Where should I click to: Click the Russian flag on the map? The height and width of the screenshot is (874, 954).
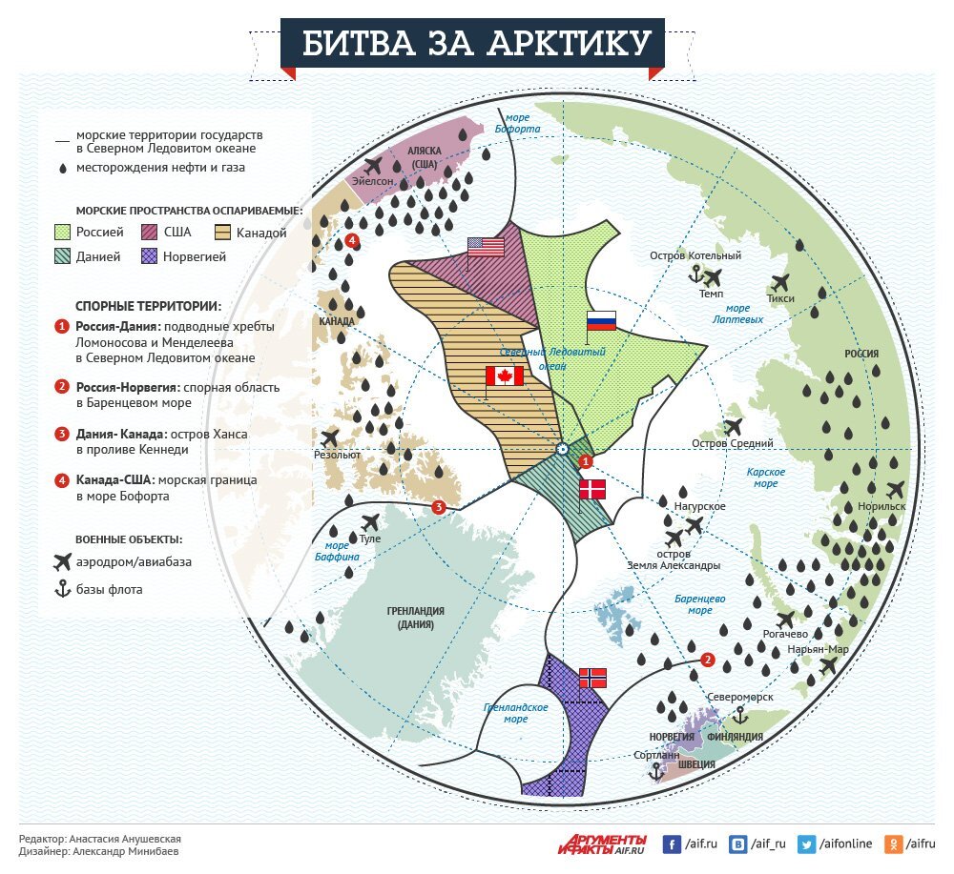[601, 321]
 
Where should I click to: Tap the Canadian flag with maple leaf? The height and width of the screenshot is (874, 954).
[505, 376]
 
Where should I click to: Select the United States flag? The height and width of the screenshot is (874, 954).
[486, 247]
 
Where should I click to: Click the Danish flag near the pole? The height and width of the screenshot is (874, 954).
[592, 490]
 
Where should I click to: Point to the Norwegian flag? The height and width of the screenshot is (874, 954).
[592, 678]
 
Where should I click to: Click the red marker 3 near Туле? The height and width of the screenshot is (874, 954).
[438, 507]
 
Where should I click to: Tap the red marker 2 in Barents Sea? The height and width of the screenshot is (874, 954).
[707, 660]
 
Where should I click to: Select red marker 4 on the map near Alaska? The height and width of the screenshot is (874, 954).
[353, 240]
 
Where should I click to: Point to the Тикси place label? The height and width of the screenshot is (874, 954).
[779, 298]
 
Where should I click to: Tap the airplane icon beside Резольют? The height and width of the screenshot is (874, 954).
[331, 437]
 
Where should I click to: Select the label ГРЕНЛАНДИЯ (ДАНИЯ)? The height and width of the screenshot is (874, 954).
[416, 619]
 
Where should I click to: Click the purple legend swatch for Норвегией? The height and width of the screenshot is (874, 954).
[149, 256]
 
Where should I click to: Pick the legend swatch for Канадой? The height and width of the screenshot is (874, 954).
[225, 232]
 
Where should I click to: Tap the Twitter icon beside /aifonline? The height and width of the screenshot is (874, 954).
[807, 844]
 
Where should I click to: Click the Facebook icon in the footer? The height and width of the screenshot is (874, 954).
[672, 844]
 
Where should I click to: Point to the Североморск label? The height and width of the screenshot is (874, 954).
[747, 697]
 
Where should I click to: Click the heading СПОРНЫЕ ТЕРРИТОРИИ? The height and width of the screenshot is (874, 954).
[148, 306]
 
